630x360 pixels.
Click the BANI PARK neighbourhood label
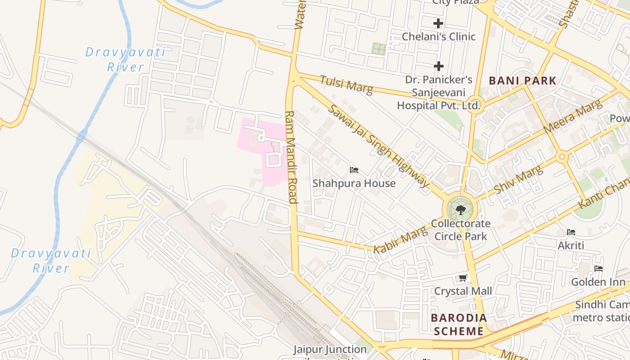[522, 81]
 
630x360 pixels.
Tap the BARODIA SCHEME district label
[459, 324]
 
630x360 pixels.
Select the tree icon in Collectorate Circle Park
[460, 210]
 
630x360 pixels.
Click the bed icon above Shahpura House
[354, 170]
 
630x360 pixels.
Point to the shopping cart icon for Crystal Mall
[463, 278]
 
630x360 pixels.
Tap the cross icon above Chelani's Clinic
[438, 23]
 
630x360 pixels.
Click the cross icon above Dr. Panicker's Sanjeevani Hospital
[438, 67]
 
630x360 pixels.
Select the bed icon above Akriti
[571, 232]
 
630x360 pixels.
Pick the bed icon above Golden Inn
[598, 269]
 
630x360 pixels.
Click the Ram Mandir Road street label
[292, 157]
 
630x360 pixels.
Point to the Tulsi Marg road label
[346, 85]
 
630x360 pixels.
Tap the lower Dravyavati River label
[51, 261]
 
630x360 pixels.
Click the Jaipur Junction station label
[330, 350]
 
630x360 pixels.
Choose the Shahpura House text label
[354, 183]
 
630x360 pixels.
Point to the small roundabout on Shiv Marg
[562, 157]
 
